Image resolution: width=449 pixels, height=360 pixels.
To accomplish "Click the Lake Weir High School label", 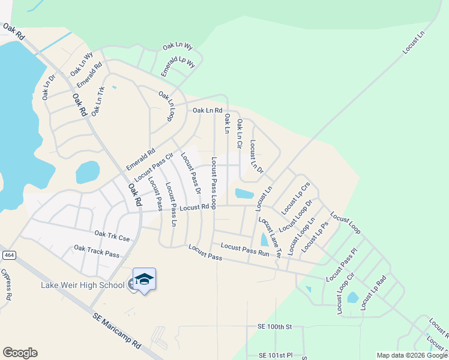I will point(82,284).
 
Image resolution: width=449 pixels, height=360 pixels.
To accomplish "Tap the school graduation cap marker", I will point(144,280).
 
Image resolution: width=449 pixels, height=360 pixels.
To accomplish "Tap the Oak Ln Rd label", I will point(207,110).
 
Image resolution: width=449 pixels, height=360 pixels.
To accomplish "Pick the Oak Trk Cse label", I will point(112,236).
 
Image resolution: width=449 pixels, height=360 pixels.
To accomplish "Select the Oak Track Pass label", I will point(97,251).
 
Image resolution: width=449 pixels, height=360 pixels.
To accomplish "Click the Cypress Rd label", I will point(8,284).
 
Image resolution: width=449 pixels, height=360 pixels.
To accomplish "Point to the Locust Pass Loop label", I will point(214,183).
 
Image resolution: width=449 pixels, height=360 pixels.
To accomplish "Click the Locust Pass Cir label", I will point(154,167).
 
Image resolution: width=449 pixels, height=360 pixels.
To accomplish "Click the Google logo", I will point(20,353).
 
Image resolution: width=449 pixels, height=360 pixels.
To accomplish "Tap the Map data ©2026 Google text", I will point(412,355).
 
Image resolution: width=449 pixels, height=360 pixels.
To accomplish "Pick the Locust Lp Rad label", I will point(373,293).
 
